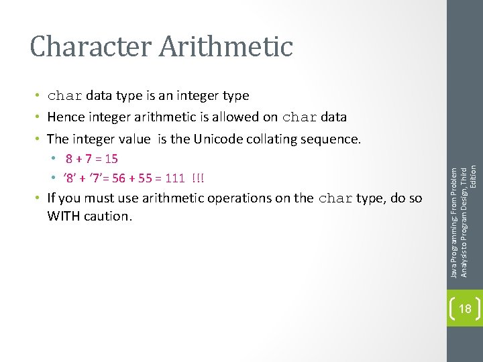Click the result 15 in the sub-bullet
111,159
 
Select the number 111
175,178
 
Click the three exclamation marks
199,178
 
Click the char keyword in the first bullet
65,96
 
